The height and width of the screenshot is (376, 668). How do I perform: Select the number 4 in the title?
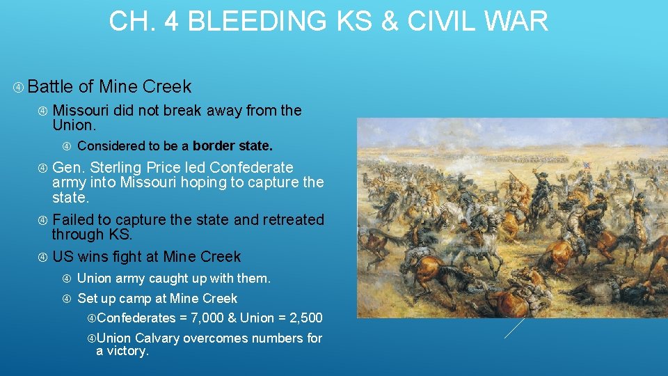coord(173,21)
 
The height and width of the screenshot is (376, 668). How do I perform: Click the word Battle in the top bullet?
coord(51,87)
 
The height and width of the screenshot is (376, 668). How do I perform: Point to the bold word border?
coord(213,146)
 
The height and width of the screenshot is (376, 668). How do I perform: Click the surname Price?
coord(180,168)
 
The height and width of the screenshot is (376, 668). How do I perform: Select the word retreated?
coord(293,220)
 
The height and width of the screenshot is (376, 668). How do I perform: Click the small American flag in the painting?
coord(586,165)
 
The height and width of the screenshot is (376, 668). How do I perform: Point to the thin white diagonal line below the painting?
coord(514,328)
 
